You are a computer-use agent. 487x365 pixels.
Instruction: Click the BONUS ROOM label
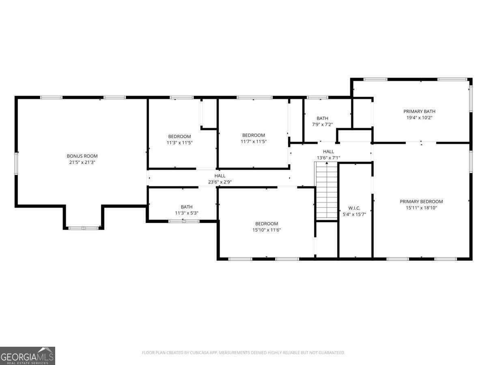tap(82, 156)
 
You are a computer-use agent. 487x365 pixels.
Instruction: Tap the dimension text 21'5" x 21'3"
tap(82, 162)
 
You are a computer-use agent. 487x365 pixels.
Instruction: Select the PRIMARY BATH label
tap(419, 112)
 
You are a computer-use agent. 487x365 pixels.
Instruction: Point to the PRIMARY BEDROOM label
tap(421, 202)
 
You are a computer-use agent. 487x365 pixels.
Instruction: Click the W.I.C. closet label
tap(354, 208)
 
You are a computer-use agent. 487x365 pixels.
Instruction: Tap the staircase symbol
tap(326, 190)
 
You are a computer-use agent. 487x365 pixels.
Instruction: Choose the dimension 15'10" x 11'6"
tap(267, 230)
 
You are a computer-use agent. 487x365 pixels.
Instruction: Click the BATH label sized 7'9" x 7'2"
tap(322, 118)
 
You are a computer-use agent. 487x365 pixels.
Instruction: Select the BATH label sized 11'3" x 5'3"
tap(186, 207)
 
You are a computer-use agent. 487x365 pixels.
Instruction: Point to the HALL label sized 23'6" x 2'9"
tap(220, 176)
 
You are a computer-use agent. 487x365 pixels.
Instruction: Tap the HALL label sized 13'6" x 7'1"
tap(328, 152)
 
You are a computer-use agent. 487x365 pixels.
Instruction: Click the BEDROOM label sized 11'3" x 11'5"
tap(179, 137)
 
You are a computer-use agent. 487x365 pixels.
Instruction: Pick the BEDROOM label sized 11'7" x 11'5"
tap(253, 135)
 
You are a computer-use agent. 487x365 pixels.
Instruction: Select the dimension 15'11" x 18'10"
tap(421, 208)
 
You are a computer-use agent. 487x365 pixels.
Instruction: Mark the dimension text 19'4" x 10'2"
tap(419, 118)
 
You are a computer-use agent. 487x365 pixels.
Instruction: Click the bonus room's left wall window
tap(16, 163)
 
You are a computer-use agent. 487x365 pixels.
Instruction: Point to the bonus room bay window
tap(84, 228)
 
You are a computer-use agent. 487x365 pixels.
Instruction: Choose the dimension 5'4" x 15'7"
tap(354, 214)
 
